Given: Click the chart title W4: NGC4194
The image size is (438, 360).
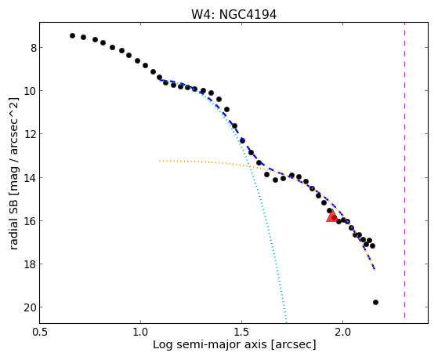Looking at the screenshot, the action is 233,15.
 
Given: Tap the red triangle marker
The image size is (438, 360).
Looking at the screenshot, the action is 332,216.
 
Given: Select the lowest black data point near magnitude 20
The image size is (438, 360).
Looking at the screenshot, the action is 375,303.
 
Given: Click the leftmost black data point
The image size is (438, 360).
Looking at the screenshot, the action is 72,35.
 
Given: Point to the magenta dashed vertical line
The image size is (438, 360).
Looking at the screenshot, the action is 404,171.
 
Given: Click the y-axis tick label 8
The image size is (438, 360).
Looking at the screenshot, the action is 34,48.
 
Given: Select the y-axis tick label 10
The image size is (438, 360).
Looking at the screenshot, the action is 31,91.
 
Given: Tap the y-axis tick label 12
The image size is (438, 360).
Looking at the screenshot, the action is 31,135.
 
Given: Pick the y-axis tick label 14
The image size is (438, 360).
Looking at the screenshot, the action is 31,178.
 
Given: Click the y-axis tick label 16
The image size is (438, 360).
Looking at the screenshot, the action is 31,221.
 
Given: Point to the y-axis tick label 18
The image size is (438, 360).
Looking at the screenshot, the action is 31,264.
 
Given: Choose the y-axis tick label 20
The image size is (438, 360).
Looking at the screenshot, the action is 31,307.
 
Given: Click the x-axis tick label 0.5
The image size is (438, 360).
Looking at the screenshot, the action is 40,332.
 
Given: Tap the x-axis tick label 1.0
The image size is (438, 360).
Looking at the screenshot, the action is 141,332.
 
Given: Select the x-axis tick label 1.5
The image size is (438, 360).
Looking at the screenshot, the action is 242,332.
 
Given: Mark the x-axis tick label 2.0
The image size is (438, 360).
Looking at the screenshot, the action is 343,332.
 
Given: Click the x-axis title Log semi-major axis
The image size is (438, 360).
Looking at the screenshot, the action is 210,344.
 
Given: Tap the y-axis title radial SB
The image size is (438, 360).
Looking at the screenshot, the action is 14,224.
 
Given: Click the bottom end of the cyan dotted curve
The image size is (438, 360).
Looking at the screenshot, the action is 286,318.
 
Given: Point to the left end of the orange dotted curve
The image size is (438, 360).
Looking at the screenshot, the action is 160,161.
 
